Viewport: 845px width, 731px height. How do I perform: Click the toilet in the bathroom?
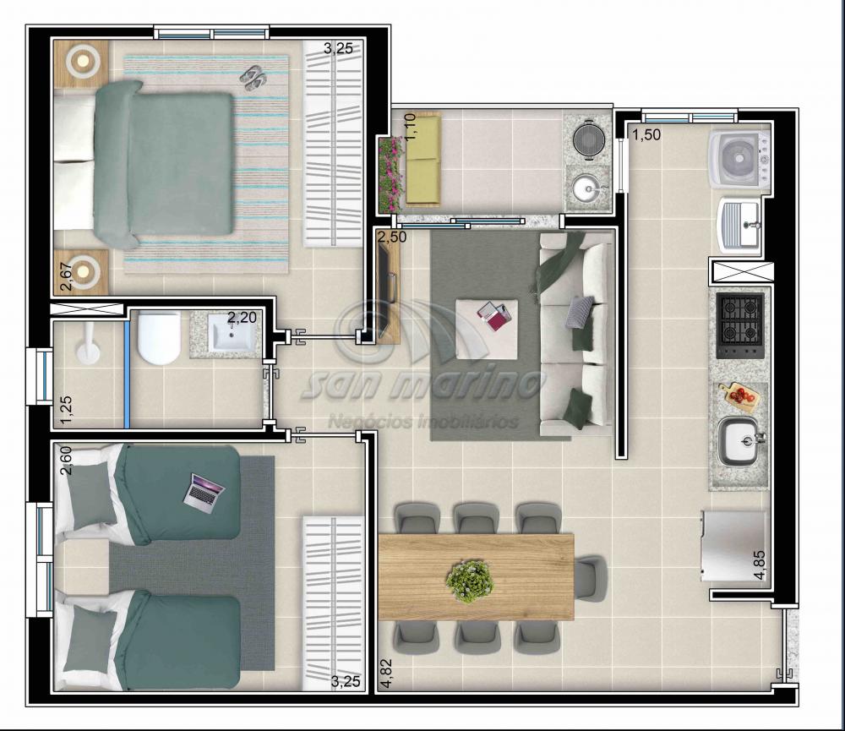tap(159, 338)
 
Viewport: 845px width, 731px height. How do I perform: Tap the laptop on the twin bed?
tap(203, 489)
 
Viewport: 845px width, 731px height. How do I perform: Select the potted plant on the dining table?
tap(469, 580)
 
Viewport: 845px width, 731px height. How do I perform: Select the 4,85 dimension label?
tap(760, 565)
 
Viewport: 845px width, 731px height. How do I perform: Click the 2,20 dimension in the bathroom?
tap(242, 318)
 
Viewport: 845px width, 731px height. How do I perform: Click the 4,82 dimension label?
tap(386, 674)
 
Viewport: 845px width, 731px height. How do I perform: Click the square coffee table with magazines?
tap(487, 329)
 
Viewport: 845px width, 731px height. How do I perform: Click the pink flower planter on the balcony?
tap(390, 173)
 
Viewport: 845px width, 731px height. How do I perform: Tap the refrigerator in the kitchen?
tap(733, 546)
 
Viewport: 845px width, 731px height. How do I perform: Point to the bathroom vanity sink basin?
tap(229, 335)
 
